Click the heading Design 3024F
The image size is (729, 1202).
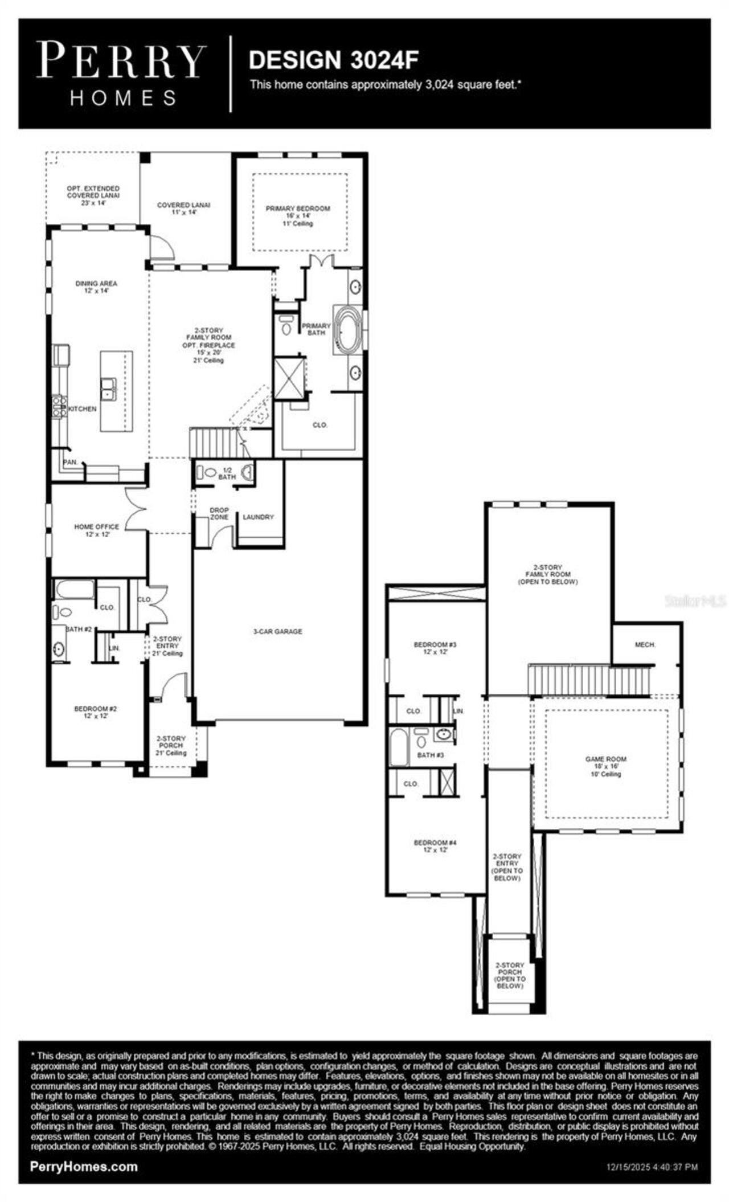coord(334,60)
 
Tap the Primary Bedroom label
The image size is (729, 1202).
coord(297,209)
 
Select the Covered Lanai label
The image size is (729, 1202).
coord(184,205)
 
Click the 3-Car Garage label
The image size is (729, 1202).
coord(277,631)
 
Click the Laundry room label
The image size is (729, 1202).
coord(258,517)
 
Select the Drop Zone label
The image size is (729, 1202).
coord(219,513)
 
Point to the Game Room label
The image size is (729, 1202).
coord(605,759)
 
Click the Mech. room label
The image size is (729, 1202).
coord(645,645)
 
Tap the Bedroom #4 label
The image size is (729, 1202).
coord(435,843)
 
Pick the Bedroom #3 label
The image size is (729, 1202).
coord(435,645)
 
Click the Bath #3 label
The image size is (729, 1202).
coord(430,755)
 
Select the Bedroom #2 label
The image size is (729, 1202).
coord(95,709)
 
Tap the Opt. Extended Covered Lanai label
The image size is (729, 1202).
coord(93,192)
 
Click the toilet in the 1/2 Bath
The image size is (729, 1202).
coord(210,472)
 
